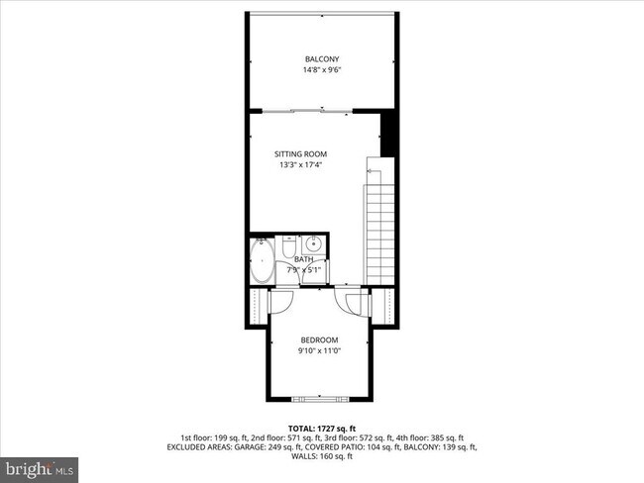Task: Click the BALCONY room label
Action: [321, 59]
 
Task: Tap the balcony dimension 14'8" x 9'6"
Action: [321, 70]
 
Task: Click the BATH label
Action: [303, 259]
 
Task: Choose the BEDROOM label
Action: [318, 339]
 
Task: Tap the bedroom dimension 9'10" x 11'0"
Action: [318, 350]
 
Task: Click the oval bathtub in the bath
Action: [263, 263]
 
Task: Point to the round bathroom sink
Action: [312, 243]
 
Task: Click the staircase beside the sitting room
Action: [379, 223]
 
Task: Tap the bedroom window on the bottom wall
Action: [319, 398]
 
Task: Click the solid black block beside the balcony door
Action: [389, 133]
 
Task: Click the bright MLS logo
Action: [41, 466]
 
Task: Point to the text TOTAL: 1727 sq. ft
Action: [321, 426]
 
